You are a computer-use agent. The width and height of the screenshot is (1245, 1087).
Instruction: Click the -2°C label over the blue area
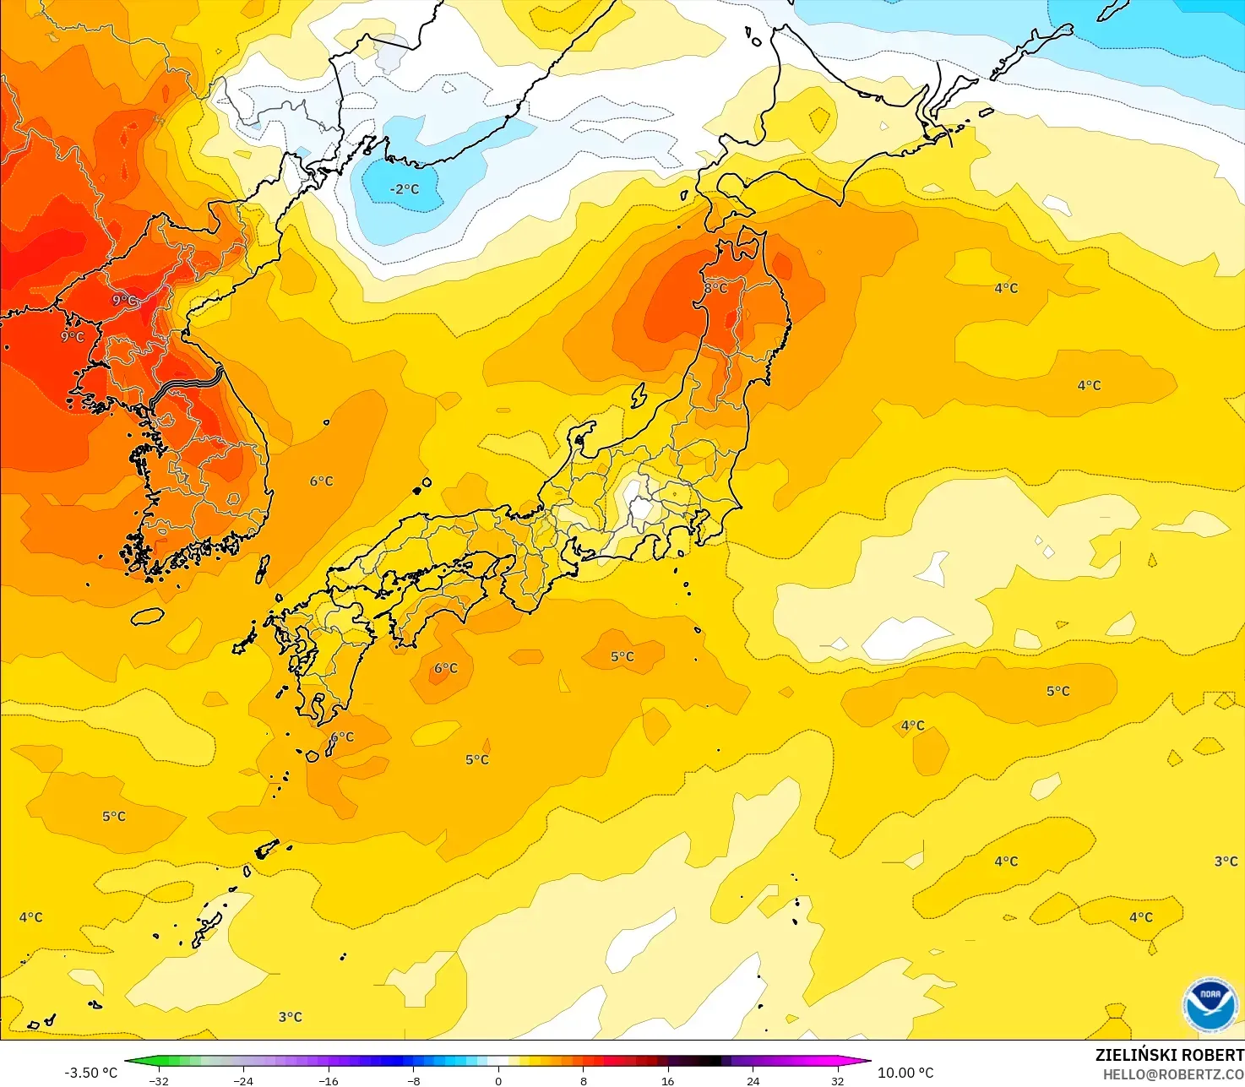404,189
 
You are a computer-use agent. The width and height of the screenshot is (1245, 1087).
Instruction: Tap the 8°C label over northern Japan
715,288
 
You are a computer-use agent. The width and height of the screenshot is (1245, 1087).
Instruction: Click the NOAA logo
1210,1004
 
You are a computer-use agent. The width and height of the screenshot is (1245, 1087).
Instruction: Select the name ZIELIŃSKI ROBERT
1169,1055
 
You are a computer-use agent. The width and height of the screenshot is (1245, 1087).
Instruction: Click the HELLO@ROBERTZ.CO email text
1173,1074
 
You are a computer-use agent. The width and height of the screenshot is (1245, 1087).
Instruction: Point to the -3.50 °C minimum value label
90,1073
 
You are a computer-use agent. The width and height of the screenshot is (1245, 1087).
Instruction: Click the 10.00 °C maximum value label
905,1073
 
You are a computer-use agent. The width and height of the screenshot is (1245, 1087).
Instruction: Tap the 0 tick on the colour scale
498,1080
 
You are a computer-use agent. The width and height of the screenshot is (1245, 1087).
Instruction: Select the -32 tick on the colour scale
158,1080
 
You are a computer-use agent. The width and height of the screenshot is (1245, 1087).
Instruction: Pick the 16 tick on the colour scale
667,1080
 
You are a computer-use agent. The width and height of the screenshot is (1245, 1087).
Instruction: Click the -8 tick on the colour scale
413,1080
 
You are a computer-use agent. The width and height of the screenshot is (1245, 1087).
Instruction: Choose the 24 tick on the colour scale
753,1080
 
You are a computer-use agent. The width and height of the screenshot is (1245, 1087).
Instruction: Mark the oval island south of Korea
147,616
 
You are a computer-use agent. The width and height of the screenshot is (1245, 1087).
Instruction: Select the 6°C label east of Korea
321,481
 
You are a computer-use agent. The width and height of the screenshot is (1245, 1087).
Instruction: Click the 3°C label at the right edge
1226,861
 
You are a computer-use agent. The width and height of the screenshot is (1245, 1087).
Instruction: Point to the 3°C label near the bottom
290,1017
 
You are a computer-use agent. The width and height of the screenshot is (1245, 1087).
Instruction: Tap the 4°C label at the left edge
30,917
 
